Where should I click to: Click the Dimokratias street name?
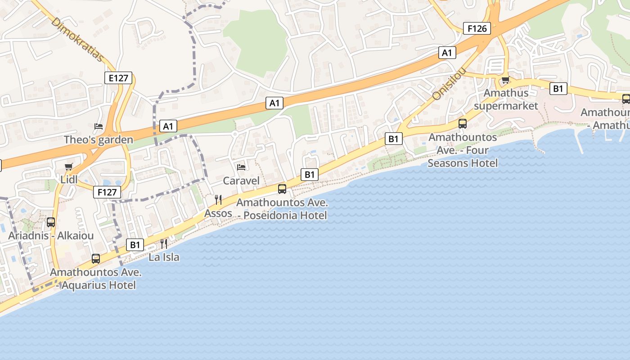point(77,40)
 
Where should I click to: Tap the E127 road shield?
point(119,78)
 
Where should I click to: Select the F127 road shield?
point(108,192)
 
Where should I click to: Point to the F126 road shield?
point(477,29)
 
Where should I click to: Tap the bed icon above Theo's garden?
point(99,126)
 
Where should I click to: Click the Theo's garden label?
point(99,139)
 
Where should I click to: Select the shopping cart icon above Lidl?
point(68,167)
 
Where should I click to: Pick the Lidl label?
point(70,180)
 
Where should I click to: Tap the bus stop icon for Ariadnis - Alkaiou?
point(51,222)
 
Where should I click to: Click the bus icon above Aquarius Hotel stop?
point(96,259)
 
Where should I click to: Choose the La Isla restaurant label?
point(164,257)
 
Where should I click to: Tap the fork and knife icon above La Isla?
point(164,244)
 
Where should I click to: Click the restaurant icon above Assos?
point(218,200)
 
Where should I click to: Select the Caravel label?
point(241,180)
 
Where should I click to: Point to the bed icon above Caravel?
point(241,167)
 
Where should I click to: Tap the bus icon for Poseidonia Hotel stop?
point(282,189)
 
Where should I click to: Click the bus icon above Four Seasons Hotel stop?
point(463,123)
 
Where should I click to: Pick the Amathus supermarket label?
point(506,99)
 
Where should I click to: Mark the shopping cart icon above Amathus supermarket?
point(505,81)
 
